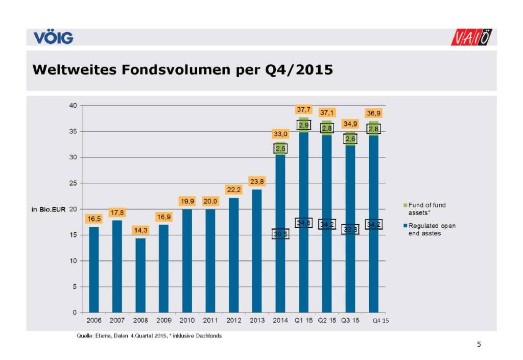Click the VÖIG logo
53,38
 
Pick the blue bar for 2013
257,250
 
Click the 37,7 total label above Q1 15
303,109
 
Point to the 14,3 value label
140,230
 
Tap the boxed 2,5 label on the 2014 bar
280,149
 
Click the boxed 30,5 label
280,233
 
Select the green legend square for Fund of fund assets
405,205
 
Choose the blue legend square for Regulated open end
405,225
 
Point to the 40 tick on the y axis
73,106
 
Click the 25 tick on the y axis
73,183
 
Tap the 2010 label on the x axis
187,321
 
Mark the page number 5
479,344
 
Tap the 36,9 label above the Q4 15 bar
373,113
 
